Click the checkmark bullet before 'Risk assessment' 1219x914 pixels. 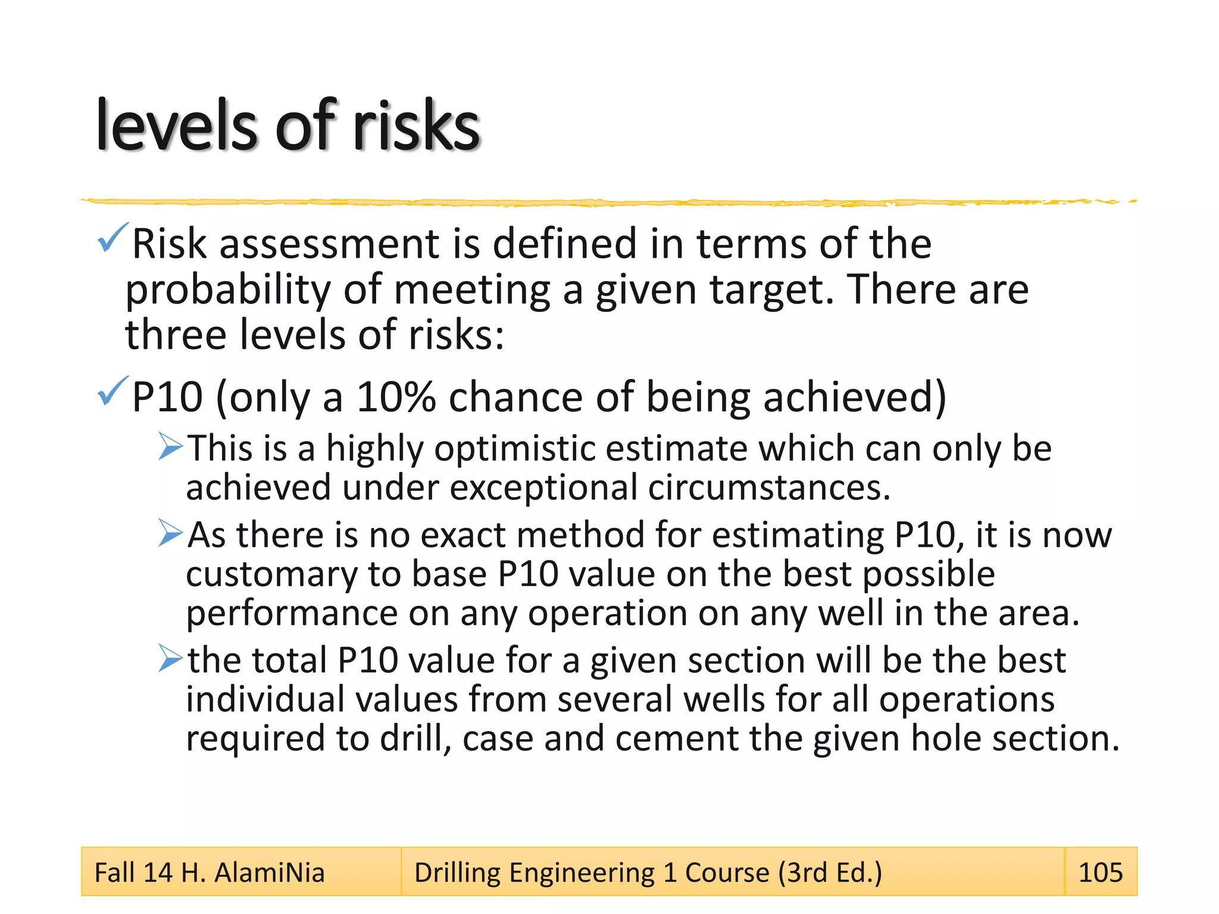click(112, 237)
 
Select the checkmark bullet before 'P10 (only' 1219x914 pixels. click(112, 391)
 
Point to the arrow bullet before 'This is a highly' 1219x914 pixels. click(171, 447)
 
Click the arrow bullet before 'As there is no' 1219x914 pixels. click(171, 533)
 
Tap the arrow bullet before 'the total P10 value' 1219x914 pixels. click(171, 659)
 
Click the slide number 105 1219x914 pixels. click(1100, 872)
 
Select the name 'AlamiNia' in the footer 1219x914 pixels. click(269, 872)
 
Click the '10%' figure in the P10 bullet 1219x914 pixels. click(396, 397)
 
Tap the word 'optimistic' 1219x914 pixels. click(515, 449)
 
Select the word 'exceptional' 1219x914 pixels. click(543, 488)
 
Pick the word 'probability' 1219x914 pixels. click(228, 291)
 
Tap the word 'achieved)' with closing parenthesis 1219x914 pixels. click(855, 397)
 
